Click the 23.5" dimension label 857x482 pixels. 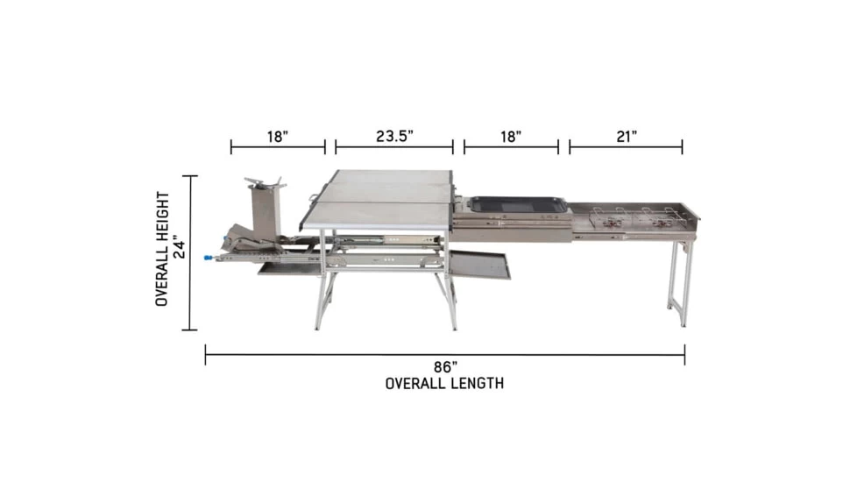[394, 136]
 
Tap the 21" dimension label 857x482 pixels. [627, 136]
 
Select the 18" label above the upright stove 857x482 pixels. [278, 136]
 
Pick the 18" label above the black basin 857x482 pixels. [511, 136]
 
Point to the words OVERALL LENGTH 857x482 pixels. [444, 384]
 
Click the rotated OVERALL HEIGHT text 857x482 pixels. [162, 249]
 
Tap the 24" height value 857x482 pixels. [179, 247]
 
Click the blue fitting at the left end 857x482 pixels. [209, 258]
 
